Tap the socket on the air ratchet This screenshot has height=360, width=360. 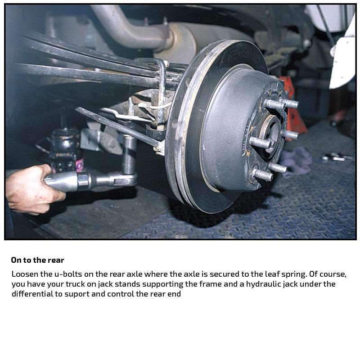tap(129, 154)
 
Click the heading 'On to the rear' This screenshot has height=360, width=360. tap(37, 260)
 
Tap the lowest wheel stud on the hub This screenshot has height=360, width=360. tap(263, 175)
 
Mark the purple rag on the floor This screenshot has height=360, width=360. tap(296, 161)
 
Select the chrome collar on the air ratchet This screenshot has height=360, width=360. tap(83, 181)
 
